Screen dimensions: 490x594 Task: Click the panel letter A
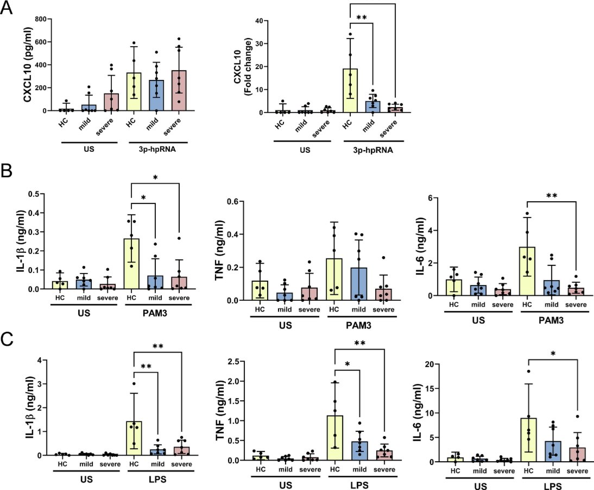pyautogui.click(x=9, y=9)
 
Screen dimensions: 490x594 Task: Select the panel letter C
pyautogui.click(x=9, y=342)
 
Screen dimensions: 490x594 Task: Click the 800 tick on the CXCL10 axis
pyautogui.click(x=39, y=18)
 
